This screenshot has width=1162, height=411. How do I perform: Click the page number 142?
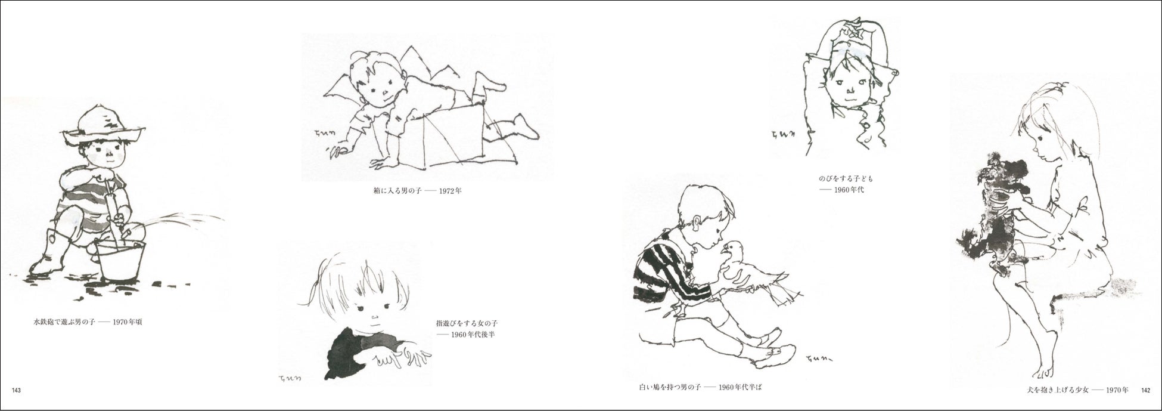pyautogui.click(x=1145, y=391)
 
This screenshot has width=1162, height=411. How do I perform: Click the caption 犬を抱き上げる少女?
pyautogui.click(x=1052, y=391)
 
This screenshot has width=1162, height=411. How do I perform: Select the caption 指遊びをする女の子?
pyautogui.click(x=467, y=323)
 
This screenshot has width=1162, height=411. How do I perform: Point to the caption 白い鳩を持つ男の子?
pyautogui.click(x=670, y=387)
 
